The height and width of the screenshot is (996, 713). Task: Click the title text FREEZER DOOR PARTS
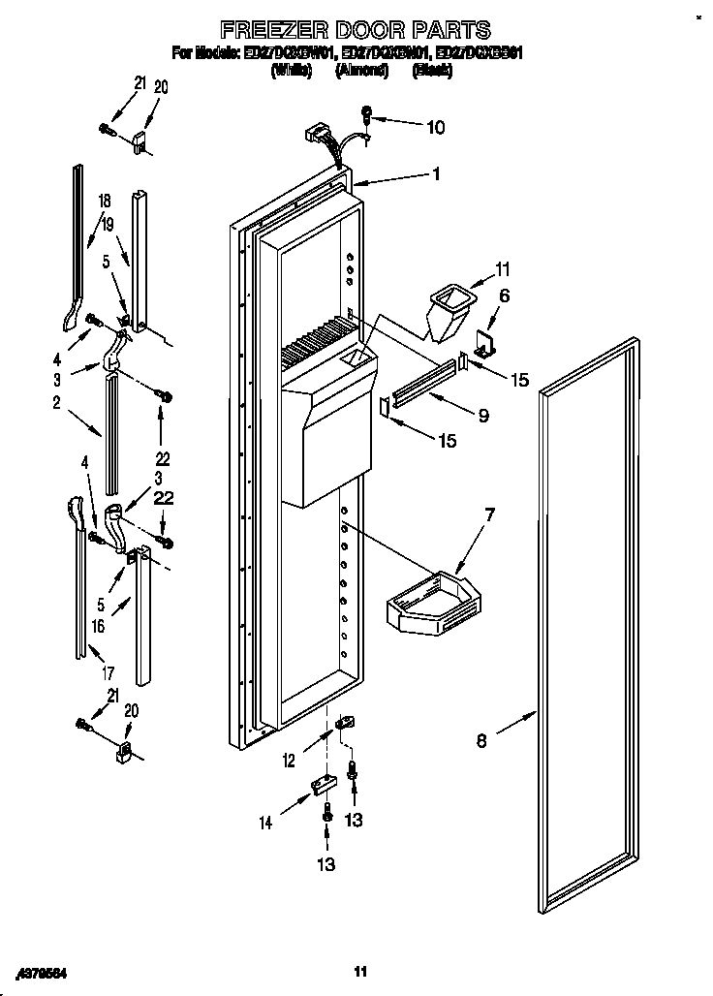(x=356, y=30)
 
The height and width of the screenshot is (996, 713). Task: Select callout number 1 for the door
(x=436, y=174)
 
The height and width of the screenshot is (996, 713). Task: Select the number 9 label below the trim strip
(x=481, y=415)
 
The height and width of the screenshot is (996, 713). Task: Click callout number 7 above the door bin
(x=490, y=514)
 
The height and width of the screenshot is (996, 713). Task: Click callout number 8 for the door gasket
(x=481, y=743)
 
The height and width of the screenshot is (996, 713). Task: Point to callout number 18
(x=104, y=201)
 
